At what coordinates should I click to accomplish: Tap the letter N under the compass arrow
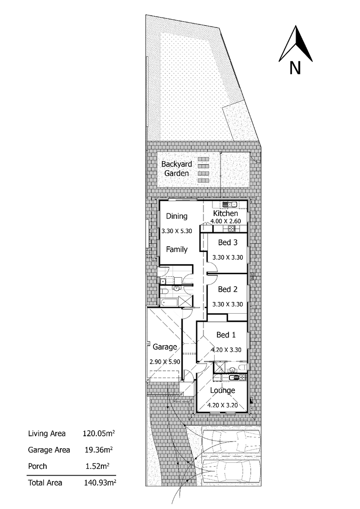(x=295, y=68)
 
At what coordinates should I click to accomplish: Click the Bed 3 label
(x=227, y=243)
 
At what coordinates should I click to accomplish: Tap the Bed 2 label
(x=227, y=289)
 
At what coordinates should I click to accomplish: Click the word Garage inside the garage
(x=164, y=347)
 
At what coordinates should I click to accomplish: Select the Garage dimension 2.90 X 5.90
(x=165, y=361)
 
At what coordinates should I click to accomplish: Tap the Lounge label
(x=222, y=390)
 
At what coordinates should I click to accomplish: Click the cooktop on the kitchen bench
(x=232, y=229)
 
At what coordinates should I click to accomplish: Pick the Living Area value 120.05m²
(x=98, y=434)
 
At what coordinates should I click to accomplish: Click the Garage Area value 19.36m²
(x=98, y=450)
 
